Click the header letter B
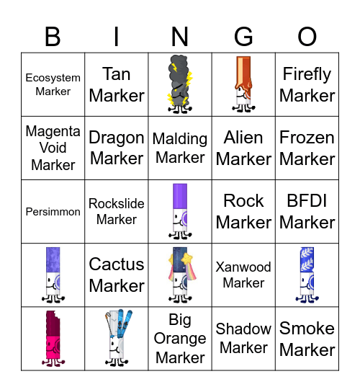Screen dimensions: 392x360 (x=53, y=36)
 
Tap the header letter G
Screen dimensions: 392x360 (x=244, y=36)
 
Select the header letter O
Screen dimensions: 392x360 (x=307, y=36)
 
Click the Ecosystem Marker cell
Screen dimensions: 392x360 (x=53, y=84)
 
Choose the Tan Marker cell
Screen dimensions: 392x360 (x=117, y=84)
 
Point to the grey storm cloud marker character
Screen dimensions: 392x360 (x=180, y=84)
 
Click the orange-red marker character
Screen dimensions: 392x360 (x=243, y=84)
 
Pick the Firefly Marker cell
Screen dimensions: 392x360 (x=307, y=84)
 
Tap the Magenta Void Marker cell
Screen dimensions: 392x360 (x=53, y=148)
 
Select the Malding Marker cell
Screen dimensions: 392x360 (x=180, y=148)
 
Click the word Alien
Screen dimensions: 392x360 (x=243, y=138)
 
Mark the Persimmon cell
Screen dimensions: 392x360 (x=53, y=212)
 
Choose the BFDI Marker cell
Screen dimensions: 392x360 (x=307, y=211)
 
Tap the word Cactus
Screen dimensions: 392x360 (x=117, y=264)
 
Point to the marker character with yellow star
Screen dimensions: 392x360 (x=180, y=275)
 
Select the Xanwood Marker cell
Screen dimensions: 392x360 (x=243, y=275)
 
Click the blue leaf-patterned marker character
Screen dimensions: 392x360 (x=307, y=275)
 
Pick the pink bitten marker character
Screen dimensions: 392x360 (x=53, y=338)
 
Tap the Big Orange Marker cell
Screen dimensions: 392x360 (x=180, y=338)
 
